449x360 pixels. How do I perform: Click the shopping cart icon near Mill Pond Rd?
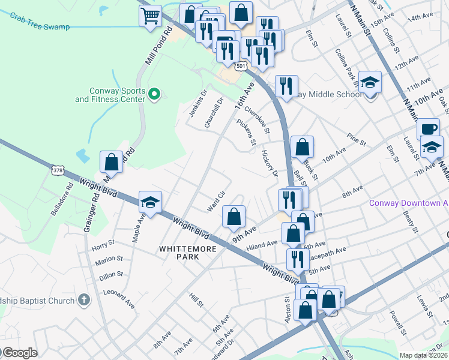(x=151, y=16)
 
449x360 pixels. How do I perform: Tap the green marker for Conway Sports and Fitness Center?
(x=154, y=94)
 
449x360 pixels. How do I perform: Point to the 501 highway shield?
(x=240, y=65)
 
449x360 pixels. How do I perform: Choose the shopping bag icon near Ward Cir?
(x=234, y=217)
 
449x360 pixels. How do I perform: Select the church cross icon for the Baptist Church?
(x=84, y=299)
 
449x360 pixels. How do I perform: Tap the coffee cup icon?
(x=429, y=129)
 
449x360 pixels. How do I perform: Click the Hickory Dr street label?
(x=270, y=164)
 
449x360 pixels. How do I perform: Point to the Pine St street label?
(x=356, y=141)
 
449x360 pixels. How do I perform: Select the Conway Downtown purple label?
(x=408, y=203)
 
